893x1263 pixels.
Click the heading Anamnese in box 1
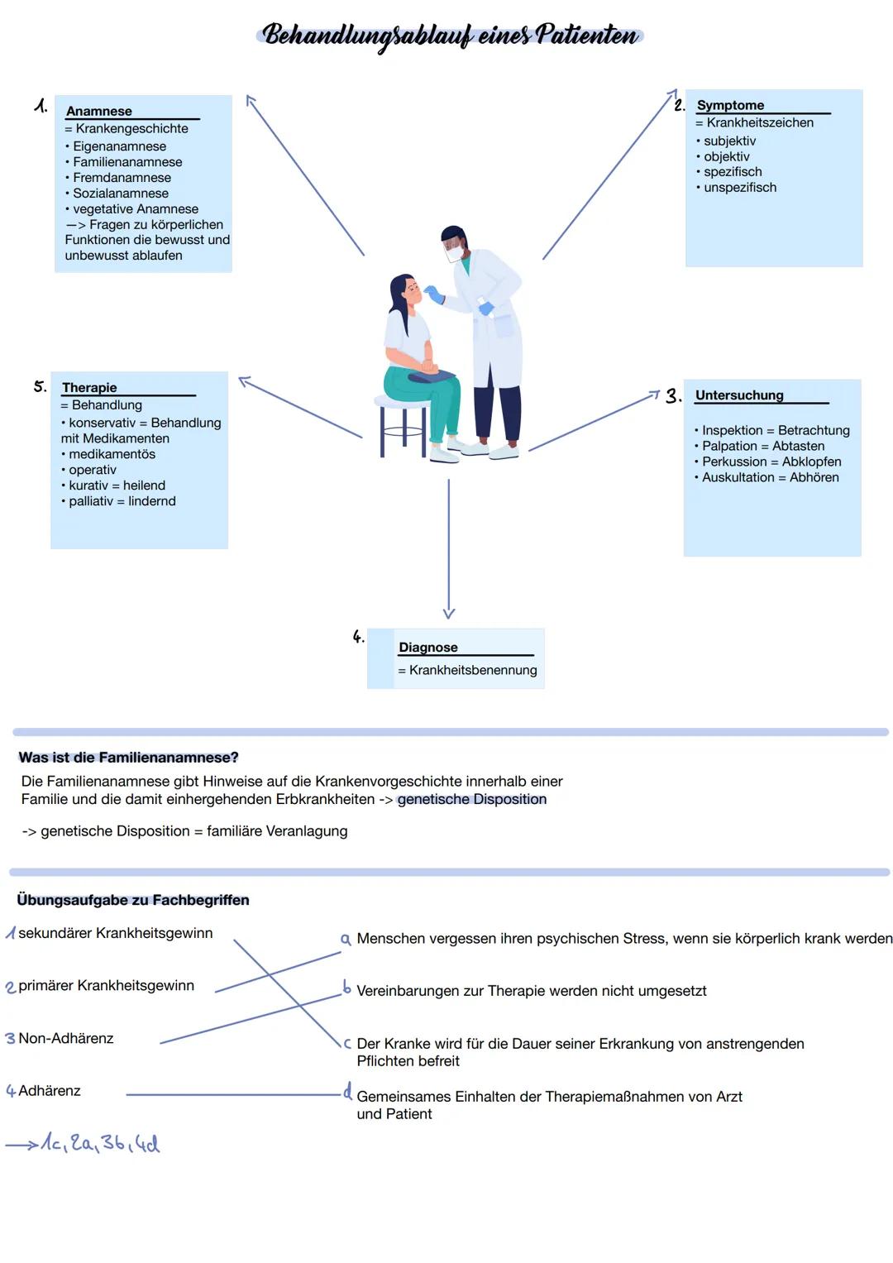[99, 111]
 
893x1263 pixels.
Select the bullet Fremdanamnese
[122, 178]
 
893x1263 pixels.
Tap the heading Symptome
[730, 105]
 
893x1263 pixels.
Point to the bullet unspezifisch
[740, 188]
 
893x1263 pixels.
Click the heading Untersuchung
[739, 395]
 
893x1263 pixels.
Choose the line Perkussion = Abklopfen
[771, 462]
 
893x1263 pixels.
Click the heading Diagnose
[428, 648]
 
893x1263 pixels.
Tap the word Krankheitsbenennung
[473, 670]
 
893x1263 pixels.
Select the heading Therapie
[89, 387]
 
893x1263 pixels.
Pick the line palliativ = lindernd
[122, 501]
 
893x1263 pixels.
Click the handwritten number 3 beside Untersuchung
[673, 396]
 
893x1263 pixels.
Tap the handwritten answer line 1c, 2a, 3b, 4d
[99, 1143]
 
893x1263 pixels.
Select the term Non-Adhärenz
[66, 1038]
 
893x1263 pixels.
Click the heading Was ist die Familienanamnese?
[128, 758]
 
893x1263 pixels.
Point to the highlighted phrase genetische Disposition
[471, 800]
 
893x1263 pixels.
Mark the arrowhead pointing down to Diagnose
[449, 613]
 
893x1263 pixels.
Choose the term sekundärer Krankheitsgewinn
[115, 933]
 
